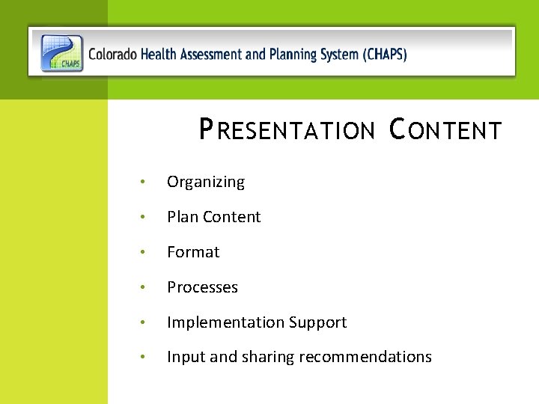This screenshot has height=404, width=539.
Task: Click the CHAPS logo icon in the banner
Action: pyautogui.click(x=62, y=53)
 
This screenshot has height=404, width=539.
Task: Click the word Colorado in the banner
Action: pyautogui.click(x=112, y=55)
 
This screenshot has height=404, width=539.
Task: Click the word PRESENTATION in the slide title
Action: pyautogui.click(x=287, y=130)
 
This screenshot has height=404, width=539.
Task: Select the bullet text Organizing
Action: pyautogui.click(x=205, y=182)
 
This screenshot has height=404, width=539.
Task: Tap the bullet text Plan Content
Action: pyautogui.click(x=213, y=217)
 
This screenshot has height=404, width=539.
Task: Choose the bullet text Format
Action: pyautogui.click(x=193, y=252)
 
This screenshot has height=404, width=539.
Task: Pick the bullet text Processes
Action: pyautogui.click(x=202, y=287)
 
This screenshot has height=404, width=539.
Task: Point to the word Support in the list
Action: pyautogui.click(x=317, y=322)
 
